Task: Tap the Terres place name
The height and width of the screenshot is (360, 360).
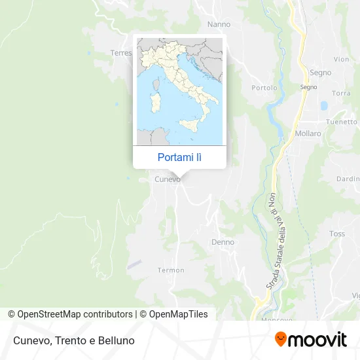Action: [x=121, y=53]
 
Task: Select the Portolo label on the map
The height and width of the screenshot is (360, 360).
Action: [x=264, y=88]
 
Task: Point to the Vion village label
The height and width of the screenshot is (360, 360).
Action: [x=341, y=59]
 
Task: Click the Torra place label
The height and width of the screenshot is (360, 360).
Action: [x=341, y=93]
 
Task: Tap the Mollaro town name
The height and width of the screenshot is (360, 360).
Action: [x=308, y=134]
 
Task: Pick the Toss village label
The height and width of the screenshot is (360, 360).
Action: [x=337, y=234]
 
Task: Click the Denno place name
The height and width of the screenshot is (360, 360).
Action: [x=223, y=242]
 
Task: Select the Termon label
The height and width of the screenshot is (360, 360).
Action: [x=171, y=270]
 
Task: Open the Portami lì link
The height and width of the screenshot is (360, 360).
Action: [x=179, y=157]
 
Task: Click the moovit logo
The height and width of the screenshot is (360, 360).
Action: [x=310, y=339]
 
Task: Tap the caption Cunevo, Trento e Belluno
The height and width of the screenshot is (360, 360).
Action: [x=73, y=340]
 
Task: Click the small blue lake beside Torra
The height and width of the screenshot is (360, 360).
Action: [x=323, y=105]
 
